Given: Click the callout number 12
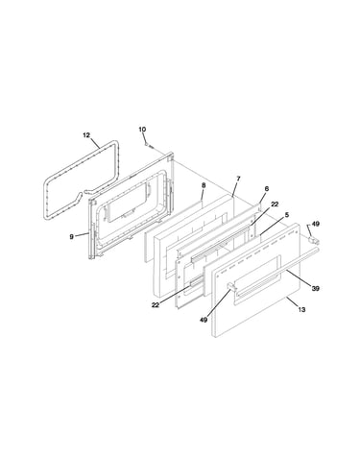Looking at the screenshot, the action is pyautogui.click(x=86, y=135).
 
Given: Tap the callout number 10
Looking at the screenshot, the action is pyautogui.click(x=142, y=130).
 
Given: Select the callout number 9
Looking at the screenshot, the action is pyautogui.click(x=71, y=236).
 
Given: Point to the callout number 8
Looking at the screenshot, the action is pyautogui.click(x=204, y=185).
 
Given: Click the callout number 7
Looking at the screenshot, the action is pyautogui.click(x=238, y=179).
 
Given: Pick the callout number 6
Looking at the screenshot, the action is pyautogui.click(x=267, y=189).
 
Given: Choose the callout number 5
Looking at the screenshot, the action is pyautogui.click(x=287, y=214).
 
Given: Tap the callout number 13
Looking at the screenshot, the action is pyautogui.click(x=301, y=309).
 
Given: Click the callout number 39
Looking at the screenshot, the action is pyautogui.click(x=315, y=289).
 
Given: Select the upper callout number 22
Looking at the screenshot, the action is pyautogui.click(x=275, y=204).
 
